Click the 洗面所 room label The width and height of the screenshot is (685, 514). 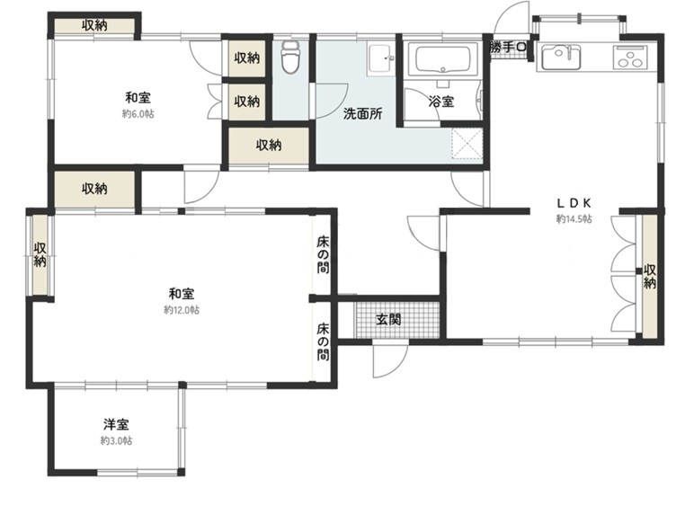tap(362, 114)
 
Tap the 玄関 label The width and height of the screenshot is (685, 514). tap(388, 319)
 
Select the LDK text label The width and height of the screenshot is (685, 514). tap(573, 203)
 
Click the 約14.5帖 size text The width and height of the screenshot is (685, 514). tap(574, 219)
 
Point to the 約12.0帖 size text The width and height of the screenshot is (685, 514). tap(182, 309)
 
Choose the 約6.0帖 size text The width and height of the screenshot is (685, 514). tap(138, 114)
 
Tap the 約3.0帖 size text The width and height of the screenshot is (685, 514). tap(116, 441)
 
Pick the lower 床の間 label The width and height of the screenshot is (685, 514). tap(323, 341)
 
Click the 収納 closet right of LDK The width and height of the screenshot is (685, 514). tap(649, 277)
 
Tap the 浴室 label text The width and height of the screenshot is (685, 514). tap(440, 102)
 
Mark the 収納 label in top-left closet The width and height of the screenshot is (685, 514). tap(94, 26)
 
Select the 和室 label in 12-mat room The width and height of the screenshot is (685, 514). tap(182, 293)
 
